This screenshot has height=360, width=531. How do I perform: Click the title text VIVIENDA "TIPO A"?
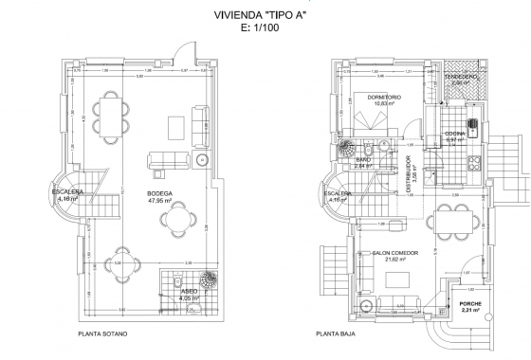[x=265, y=16]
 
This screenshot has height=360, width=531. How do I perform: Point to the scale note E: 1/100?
[x=265, y=29]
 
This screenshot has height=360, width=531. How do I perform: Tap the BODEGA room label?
[x=159, y=192]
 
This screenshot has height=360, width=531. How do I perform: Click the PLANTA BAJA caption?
[x=340, y=334]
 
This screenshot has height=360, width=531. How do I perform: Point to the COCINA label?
[x=456, y=134]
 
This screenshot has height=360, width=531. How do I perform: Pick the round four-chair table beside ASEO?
[x=119, y=266]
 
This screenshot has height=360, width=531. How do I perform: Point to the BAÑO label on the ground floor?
[x=363, y=160]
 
